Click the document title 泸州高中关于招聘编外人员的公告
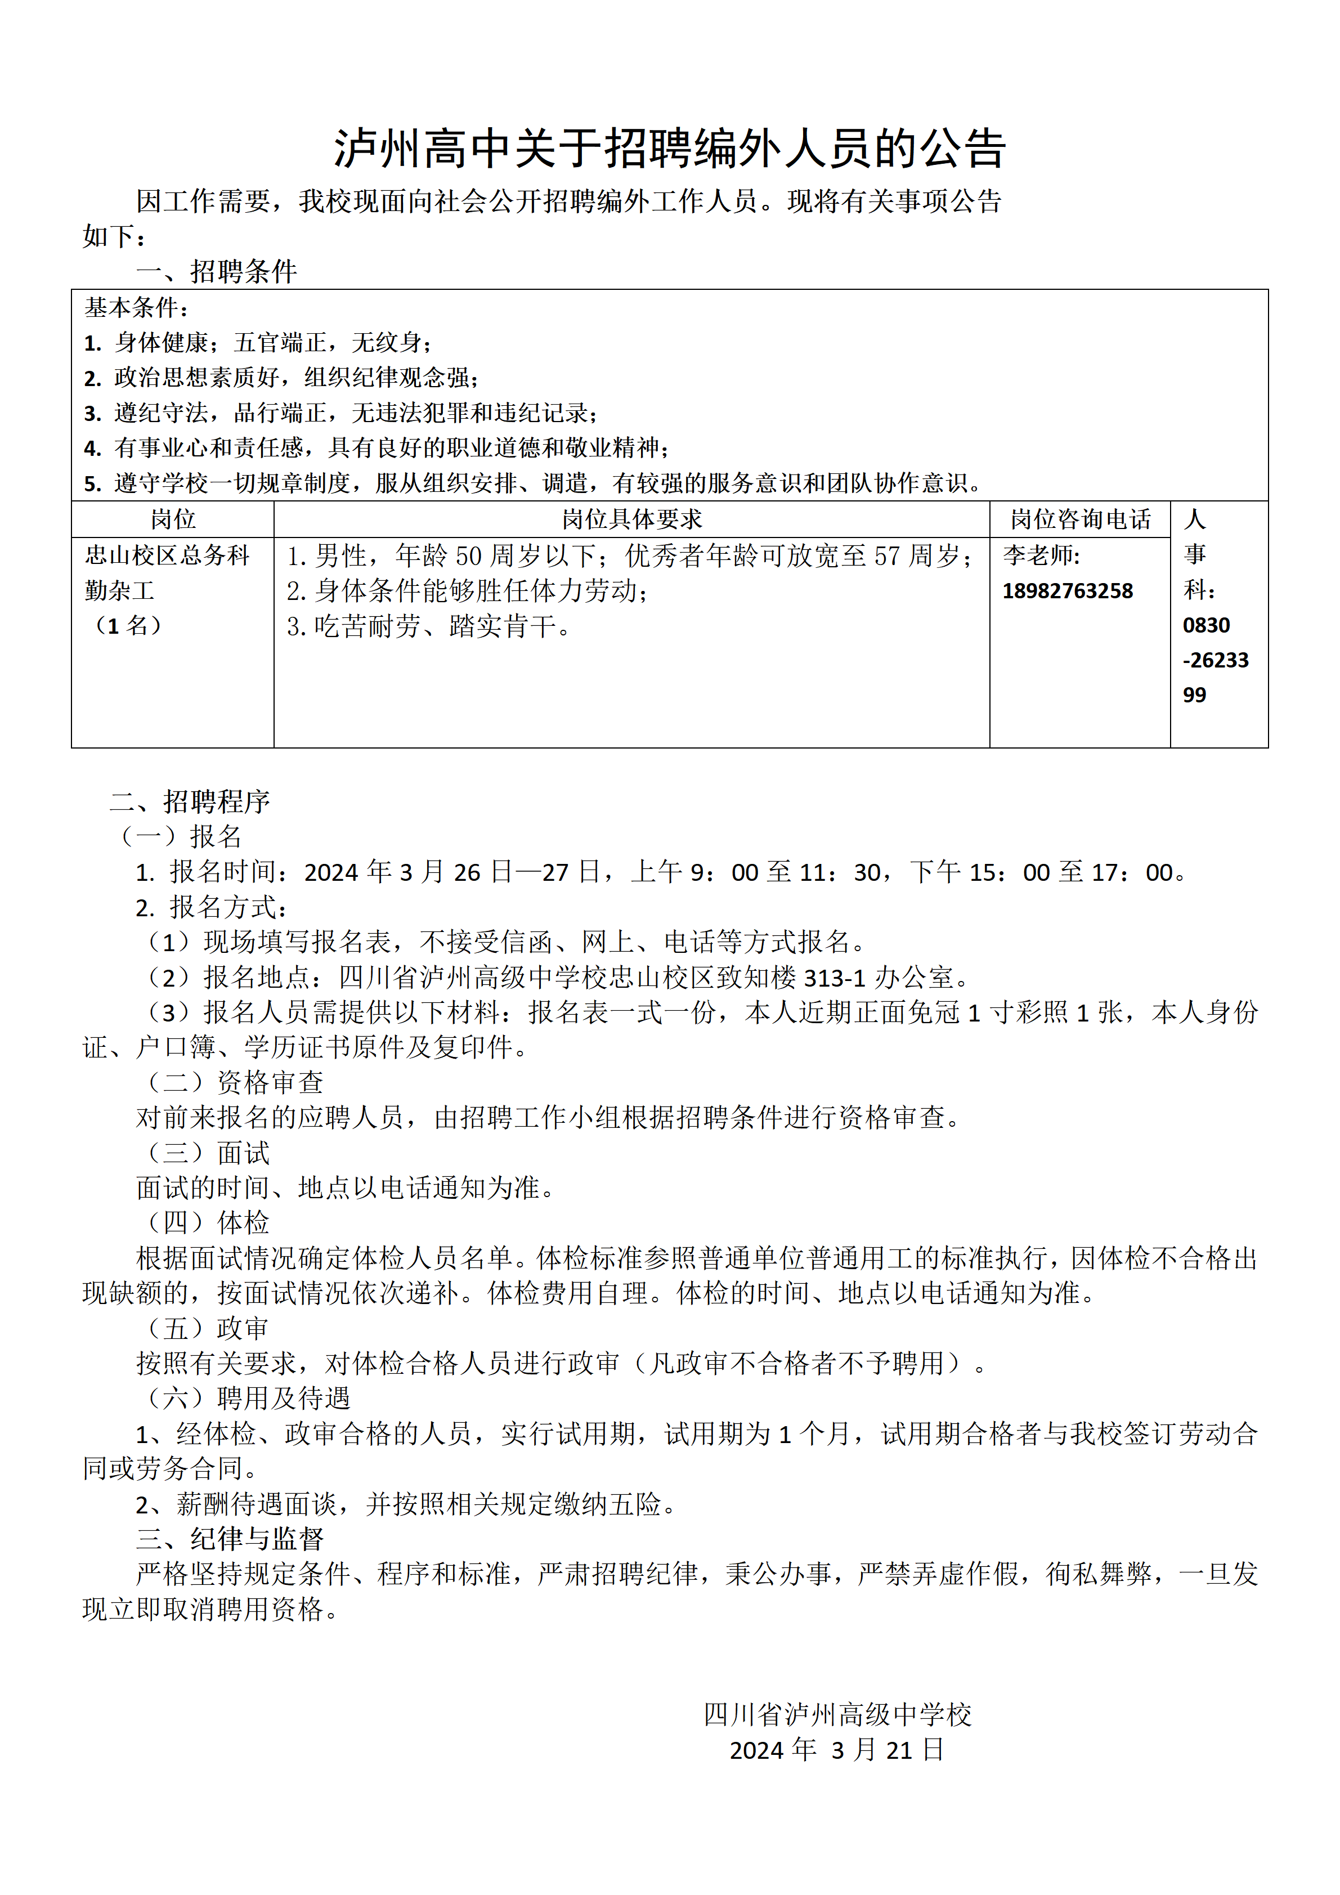tap(669, 149)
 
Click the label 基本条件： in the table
tap(137, 308)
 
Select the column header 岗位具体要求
tap(631, 519)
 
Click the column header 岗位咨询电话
tap(1079, 519)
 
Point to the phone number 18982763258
tap(1067, 591)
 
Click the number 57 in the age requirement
tap(887, 556)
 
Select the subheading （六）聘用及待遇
tap(248, 1398)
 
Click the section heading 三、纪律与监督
tap(230, 1538)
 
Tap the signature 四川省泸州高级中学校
tap(837, 1715)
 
